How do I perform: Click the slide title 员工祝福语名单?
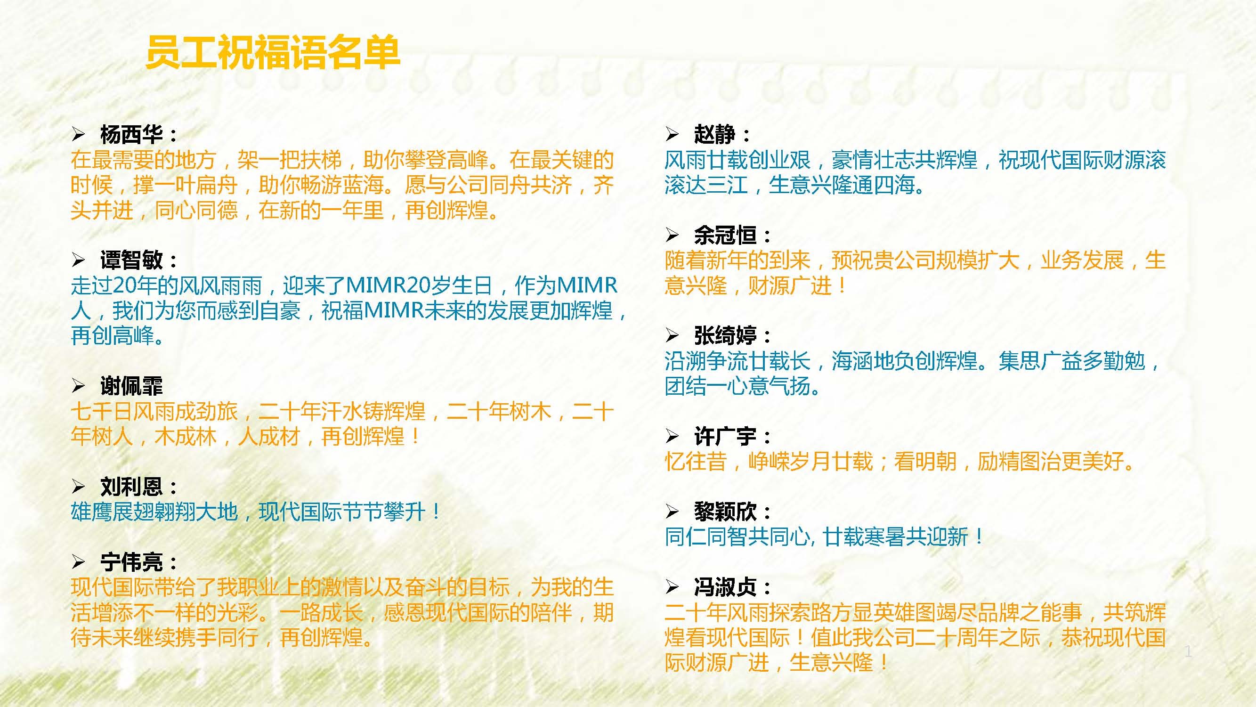tap(273, 52)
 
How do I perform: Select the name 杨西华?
tap(132, 134)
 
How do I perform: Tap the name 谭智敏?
tap(132, 260)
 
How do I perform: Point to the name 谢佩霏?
tap(132, 386)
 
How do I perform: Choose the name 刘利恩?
tap(132, 487)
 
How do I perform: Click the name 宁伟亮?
tap(132, 562)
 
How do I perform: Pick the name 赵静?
tap(715, 134)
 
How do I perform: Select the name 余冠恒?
tap(725, 235)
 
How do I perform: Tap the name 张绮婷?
tap(725, 335)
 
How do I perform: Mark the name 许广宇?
tap(725, 436)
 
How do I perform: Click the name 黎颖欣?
tap(725, 512)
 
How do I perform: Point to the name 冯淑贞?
tap(725, 587)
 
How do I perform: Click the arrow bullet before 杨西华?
tap(79, 134)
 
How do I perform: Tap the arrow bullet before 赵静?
tap(673, 134)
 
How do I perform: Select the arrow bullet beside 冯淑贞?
tap(673, 586)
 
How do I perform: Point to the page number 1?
tap(1188, 651)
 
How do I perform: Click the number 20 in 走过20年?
tap(123, 285)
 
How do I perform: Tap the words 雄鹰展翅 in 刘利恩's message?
tap(112, 512)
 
